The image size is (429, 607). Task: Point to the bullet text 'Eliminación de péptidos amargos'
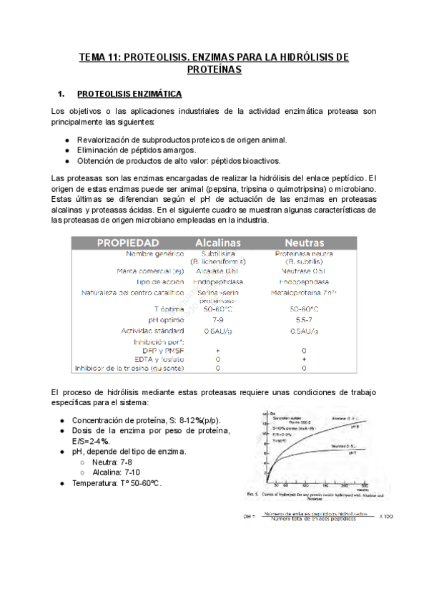[x=136, y=150]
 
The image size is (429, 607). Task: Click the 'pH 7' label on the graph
[x=352, y=452]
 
